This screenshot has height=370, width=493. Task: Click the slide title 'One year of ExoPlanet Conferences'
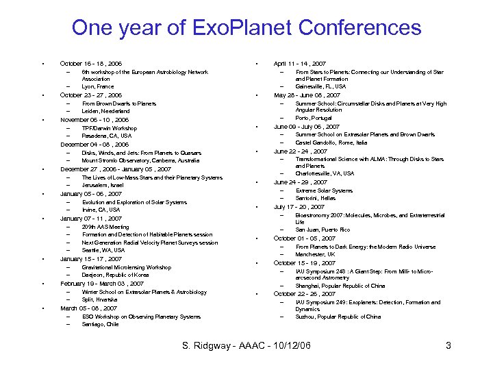tap(246, 28)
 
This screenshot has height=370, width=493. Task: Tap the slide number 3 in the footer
tap(448, 345)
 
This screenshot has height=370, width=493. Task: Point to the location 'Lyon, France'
tap(98, 87)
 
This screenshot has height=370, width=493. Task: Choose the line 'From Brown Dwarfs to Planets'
tap(114, 103)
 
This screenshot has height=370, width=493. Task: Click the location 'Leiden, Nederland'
tap(105, 112)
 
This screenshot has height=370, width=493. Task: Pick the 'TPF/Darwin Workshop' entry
tap(110, 128)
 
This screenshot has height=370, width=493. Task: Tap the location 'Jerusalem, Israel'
tap(103, 186)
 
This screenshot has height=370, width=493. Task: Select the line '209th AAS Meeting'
tap(105, 227)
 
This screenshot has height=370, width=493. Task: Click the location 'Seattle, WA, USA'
tap(103, 251)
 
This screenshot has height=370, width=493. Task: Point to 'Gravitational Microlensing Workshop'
tap(127, 267)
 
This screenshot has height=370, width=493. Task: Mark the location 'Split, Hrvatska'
tap(99, 300)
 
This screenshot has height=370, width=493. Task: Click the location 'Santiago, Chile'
tap(100, 325)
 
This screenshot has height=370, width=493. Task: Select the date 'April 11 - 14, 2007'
tap(300, 64)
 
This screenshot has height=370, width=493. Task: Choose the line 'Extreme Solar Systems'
tap(324, 190)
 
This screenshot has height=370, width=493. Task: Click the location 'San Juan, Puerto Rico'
tap(323, 230)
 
